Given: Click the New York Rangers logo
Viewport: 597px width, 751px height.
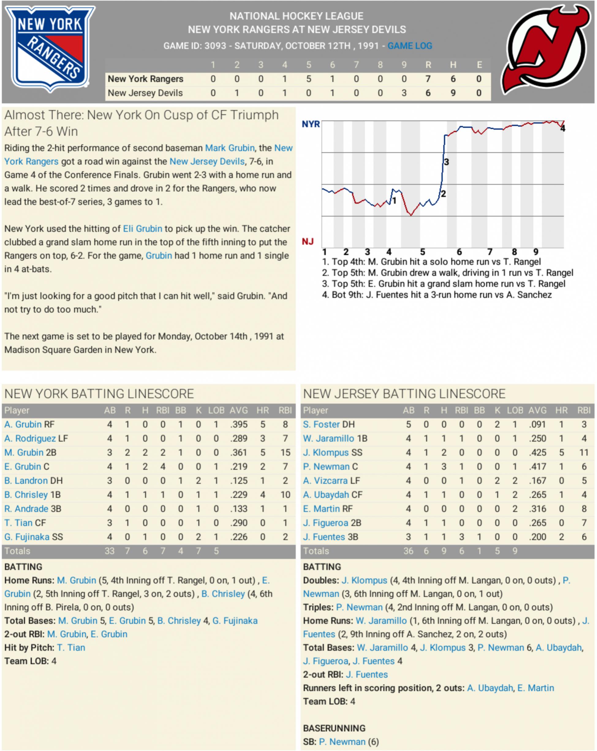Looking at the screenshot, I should pos(50,49).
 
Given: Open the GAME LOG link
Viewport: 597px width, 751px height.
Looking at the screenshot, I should pos(410,46).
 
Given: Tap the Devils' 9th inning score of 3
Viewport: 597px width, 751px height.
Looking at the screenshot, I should pos(404,93).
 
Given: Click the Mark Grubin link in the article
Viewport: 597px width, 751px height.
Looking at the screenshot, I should pos(229,148).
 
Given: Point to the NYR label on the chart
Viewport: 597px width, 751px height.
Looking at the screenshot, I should pos(310,124).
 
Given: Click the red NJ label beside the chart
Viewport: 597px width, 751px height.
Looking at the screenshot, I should pos(307,241).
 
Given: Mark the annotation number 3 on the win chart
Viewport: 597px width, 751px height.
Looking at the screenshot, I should pos(446,162).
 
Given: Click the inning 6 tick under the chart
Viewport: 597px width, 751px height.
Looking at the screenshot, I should pos(459,252).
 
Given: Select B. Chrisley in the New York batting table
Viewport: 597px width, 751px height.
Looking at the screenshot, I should pos(26,495).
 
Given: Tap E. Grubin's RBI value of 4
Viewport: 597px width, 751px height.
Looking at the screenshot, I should pos(163,467).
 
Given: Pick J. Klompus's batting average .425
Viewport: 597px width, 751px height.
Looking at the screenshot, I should pos(537,452).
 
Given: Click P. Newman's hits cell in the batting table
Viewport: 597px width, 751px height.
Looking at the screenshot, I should pos(444,467).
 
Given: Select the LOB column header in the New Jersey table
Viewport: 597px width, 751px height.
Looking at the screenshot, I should pos(515,410).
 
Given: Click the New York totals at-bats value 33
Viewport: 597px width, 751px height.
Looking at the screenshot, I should pos(109,551).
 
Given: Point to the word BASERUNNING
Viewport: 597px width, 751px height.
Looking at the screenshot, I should pos(334,728).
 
